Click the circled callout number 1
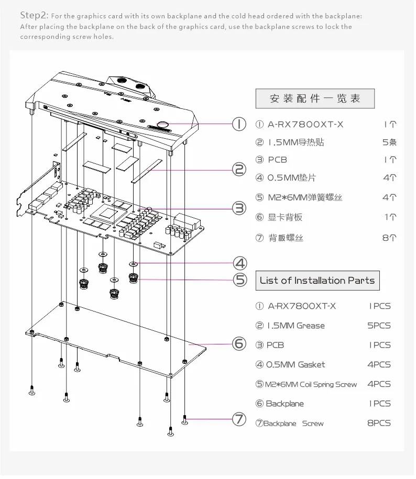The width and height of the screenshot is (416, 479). (239, 124)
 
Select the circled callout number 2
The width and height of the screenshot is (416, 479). (239, 169)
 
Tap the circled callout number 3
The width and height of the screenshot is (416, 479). (239, 208)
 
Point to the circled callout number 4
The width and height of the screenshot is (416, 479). (240, 263)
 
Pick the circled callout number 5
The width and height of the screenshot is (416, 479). (240, 280)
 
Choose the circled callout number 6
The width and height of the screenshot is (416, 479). (239, 344)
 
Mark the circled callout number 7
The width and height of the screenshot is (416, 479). (239, 419)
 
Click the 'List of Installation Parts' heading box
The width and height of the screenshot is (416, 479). (317, 281)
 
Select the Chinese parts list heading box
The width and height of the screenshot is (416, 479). (315, 98)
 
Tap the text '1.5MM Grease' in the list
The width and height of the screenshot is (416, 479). (296, 326)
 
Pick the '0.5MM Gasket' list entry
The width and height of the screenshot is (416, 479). (296, 364)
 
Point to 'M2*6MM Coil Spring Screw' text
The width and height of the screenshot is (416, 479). (312, 384)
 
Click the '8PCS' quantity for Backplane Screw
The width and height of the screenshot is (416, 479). (379, 423)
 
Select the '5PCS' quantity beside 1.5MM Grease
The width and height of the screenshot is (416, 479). (379, 326)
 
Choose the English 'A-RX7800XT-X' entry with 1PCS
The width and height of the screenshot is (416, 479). (302, 306)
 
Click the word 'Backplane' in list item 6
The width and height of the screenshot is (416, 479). (284, 404)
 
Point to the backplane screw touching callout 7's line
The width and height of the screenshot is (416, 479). (185, 419)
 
